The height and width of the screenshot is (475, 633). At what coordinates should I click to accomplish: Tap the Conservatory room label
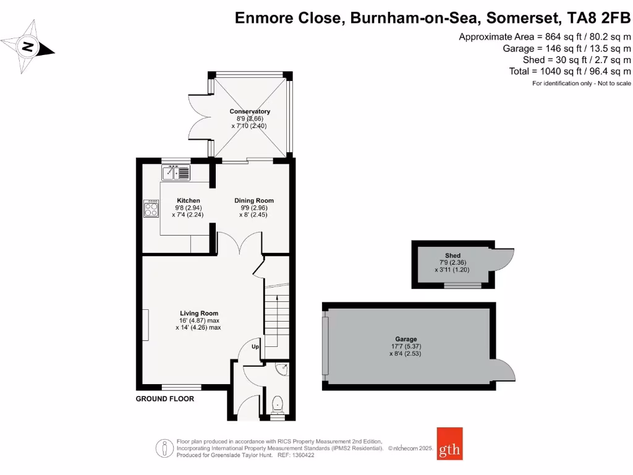[x=250, y=111]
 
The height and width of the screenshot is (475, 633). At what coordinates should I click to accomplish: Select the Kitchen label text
[x=189, y=200]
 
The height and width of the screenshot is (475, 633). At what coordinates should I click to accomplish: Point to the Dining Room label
[x=253, y=200]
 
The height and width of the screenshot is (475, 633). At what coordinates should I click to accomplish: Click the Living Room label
[x=199, y=313]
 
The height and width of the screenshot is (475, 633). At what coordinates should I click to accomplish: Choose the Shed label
[x=452, y=255]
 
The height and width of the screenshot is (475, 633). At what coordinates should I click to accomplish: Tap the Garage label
[x=406, y=339]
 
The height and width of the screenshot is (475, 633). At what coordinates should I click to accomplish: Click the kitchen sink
[x=177, y=172]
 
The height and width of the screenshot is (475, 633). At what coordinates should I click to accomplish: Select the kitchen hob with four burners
[x=151, y=208]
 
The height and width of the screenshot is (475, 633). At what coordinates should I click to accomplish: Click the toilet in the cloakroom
[x=278, y=404]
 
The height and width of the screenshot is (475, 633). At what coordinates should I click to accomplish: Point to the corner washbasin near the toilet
[x=283, y=370]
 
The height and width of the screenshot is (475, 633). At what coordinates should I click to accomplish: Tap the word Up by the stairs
[x=255, y=347]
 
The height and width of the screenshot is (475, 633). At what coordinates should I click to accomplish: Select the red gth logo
[x=449, y=443]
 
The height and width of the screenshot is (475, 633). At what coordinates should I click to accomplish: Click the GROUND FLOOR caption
[x=165, y=399]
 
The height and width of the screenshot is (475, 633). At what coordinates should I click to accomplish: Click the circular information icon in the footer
[x=165, y=447]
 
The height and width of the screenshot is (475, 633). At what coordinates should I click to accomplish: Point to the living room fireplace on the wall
[x=147, y=325]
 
